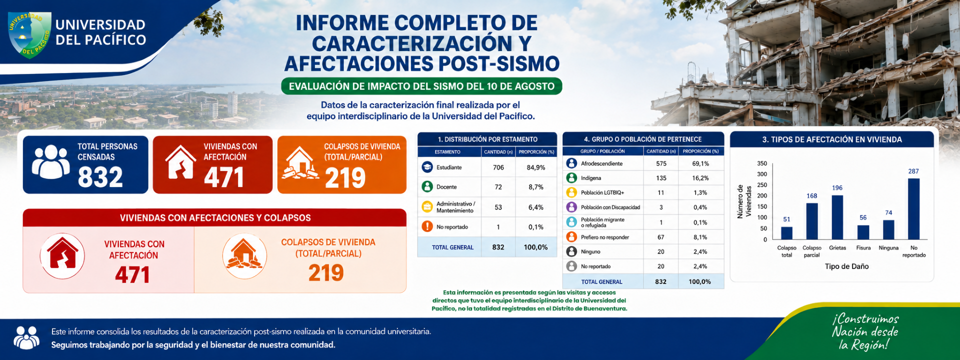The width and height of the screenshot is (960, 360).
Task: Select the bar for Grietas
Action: [x=837, y=217]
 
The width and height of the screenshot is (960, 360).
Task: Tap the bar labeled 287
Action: [x=913, y=209]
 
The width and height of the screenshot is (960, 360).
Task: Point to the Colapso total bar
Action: [x=786, y=233]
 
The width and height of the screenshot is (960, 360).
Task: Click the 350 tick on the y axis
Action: [x=762, y=163]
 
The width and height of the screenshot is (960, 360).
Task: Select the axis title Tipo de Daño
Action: [x=846, y=266]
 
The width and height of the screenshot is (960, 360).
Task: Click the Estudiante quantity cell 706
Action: [x=498, y=167]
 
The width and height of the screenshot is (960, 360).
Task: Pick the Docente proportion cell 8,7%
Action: [x=536, y=187]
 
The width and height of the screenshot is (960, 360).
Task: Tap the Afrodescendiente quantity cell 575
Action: [x=661, y=163]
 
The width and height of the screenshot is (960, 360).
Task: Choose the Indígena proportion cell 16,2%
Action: [x=700, y=178]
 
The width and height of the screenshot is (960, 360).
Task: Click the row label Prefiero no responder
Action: [x=605, y=237]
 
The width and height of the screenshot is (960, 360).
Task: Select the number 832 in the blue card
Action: [x=100, y=177]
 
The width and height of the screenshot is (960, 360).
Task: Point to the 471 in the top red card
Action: [x=223, y=177]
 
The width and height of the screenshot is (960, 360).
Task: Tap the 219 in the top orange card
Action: [x=345, y=178]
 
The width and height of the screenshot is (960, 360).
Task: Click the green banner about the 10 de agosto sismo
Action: [x=421, y=86]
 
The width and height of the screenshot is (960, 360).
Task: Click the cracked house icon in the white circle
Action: [x=62, y=256]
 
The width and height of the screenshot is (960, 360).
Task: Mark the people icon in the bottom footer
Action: [x=26, y=337]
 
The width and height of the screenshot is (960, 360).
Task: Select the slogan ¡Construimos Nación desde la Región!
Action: [x=865, y=331]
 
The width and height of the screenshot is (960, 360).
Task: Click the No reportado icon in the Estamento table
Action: [x=427, y=226]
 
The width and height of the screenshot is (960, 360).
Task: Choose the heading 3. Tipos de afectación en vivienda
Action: [x=832, y=139]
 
